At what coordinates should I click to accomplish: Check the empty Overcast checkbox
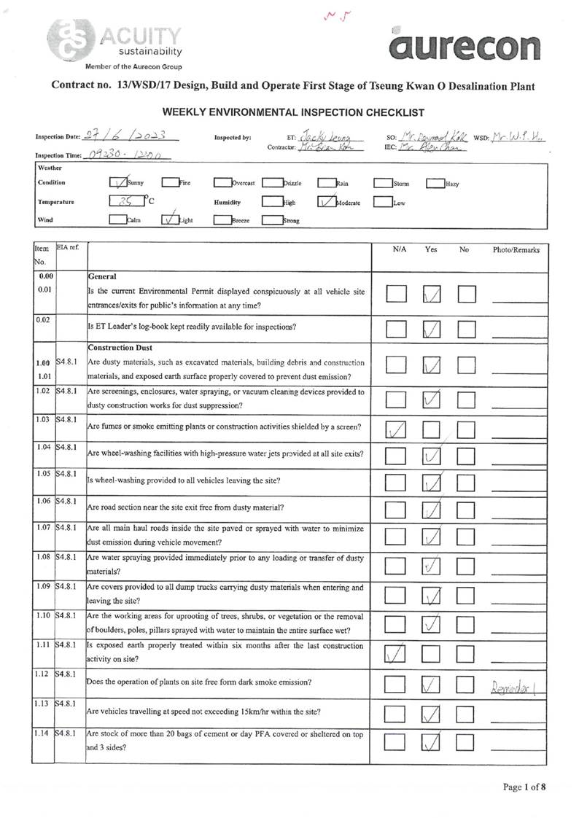coord(222,183)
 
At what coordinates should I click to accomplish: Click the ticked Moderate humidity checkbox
coord(326,203)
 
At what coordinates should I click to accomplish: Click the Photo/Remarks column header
coord(516,249)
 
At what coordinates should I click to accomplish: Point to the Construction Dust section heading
coord(120,347)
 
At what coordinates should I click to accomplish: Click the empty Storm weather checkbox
coord(382,183)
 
